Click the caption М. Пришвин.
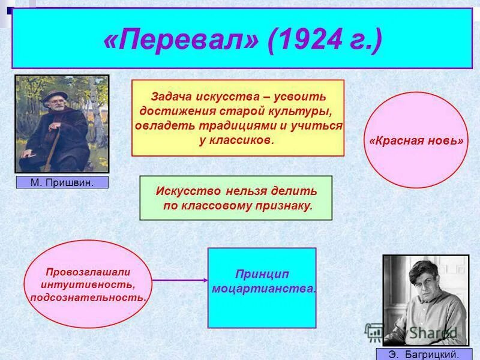(62, 182)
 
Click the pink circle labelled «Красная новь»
(416, 140)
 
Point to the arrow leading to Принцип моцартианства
(180, 280)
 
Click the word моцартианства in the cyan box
(263, 289)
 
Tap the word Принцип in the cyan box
(262, 274)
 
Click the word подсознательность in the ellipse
(88, 297)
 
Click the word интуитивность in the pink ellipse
(88, 284)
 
